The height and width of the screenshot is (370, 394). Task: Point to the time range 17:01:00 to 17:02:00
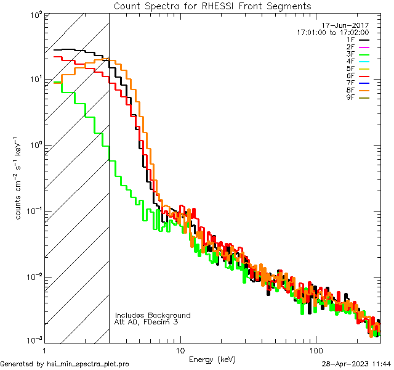tap(332, 32)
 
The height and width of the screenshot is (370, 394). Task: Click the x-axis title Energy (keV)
tap(212, 359)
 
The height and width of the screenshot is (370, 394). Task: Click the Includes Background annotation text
tap(153, 315)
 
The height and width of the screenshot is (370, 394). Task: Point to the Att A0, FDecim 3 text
tap(147, 322)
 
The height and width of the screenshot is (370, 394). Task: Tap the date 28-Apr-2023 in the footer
tap(347, 364)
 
